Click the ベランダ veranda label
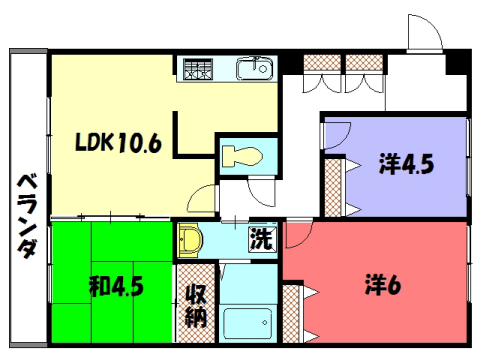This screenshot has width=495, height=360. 28,216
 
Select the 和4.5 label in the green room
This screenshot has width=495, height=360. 116,287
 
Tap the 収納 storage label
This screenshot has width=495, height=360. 195,304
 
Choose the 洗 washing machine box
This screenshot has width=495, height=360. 260,240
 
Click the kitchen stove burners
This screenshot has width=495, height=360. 196,70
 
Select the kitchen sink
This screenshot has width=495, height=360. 255,69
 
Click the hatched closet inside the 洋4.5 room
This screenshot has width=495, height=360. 333,185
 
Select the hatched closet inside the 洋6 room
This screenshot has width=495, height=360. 292,311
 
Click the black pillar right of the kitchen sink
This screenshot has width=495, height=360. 288,64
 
